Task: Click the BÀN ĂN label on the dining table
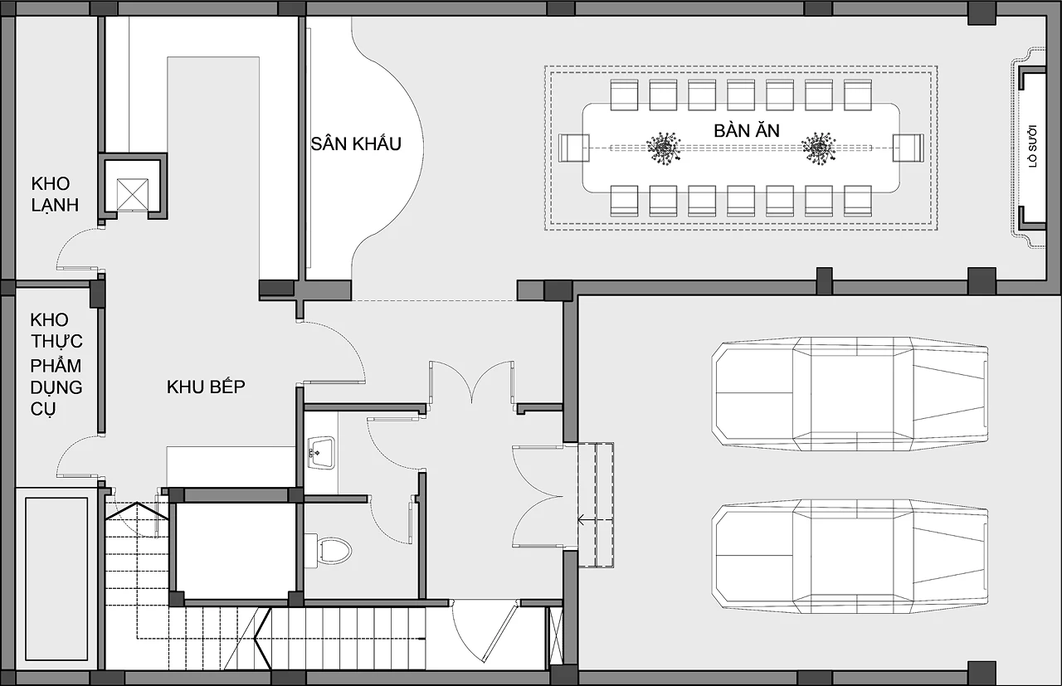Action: coord(747,130)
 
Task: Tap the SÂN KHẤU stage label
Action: coord(356,144)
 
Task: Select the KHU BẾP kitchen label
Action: coord(206,387)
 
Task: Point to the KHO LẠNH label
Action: coord(55,194)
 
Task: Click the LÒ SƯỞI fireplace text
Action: coord(1033,146)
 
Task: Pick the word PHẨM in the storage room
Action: coord(56,366)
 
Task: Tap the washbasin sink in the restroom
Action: coord(321,453)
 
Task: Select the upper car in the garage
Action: coord(850,394)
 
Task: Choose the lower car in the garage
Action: coord(850,557)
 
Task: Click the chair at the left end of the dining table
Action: coord(573,148)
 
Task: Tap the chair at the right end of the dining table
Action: coord(909,148)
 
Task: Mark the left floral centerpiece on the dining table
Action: coord(664,148)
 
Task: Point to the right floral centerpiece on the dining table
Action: coord(818,148)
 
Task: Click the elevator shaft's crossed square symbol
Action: coord(132,194)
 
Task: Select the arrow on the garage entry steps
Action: coord(587,521)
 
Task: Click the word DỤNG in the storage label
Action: coord(56,387)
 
